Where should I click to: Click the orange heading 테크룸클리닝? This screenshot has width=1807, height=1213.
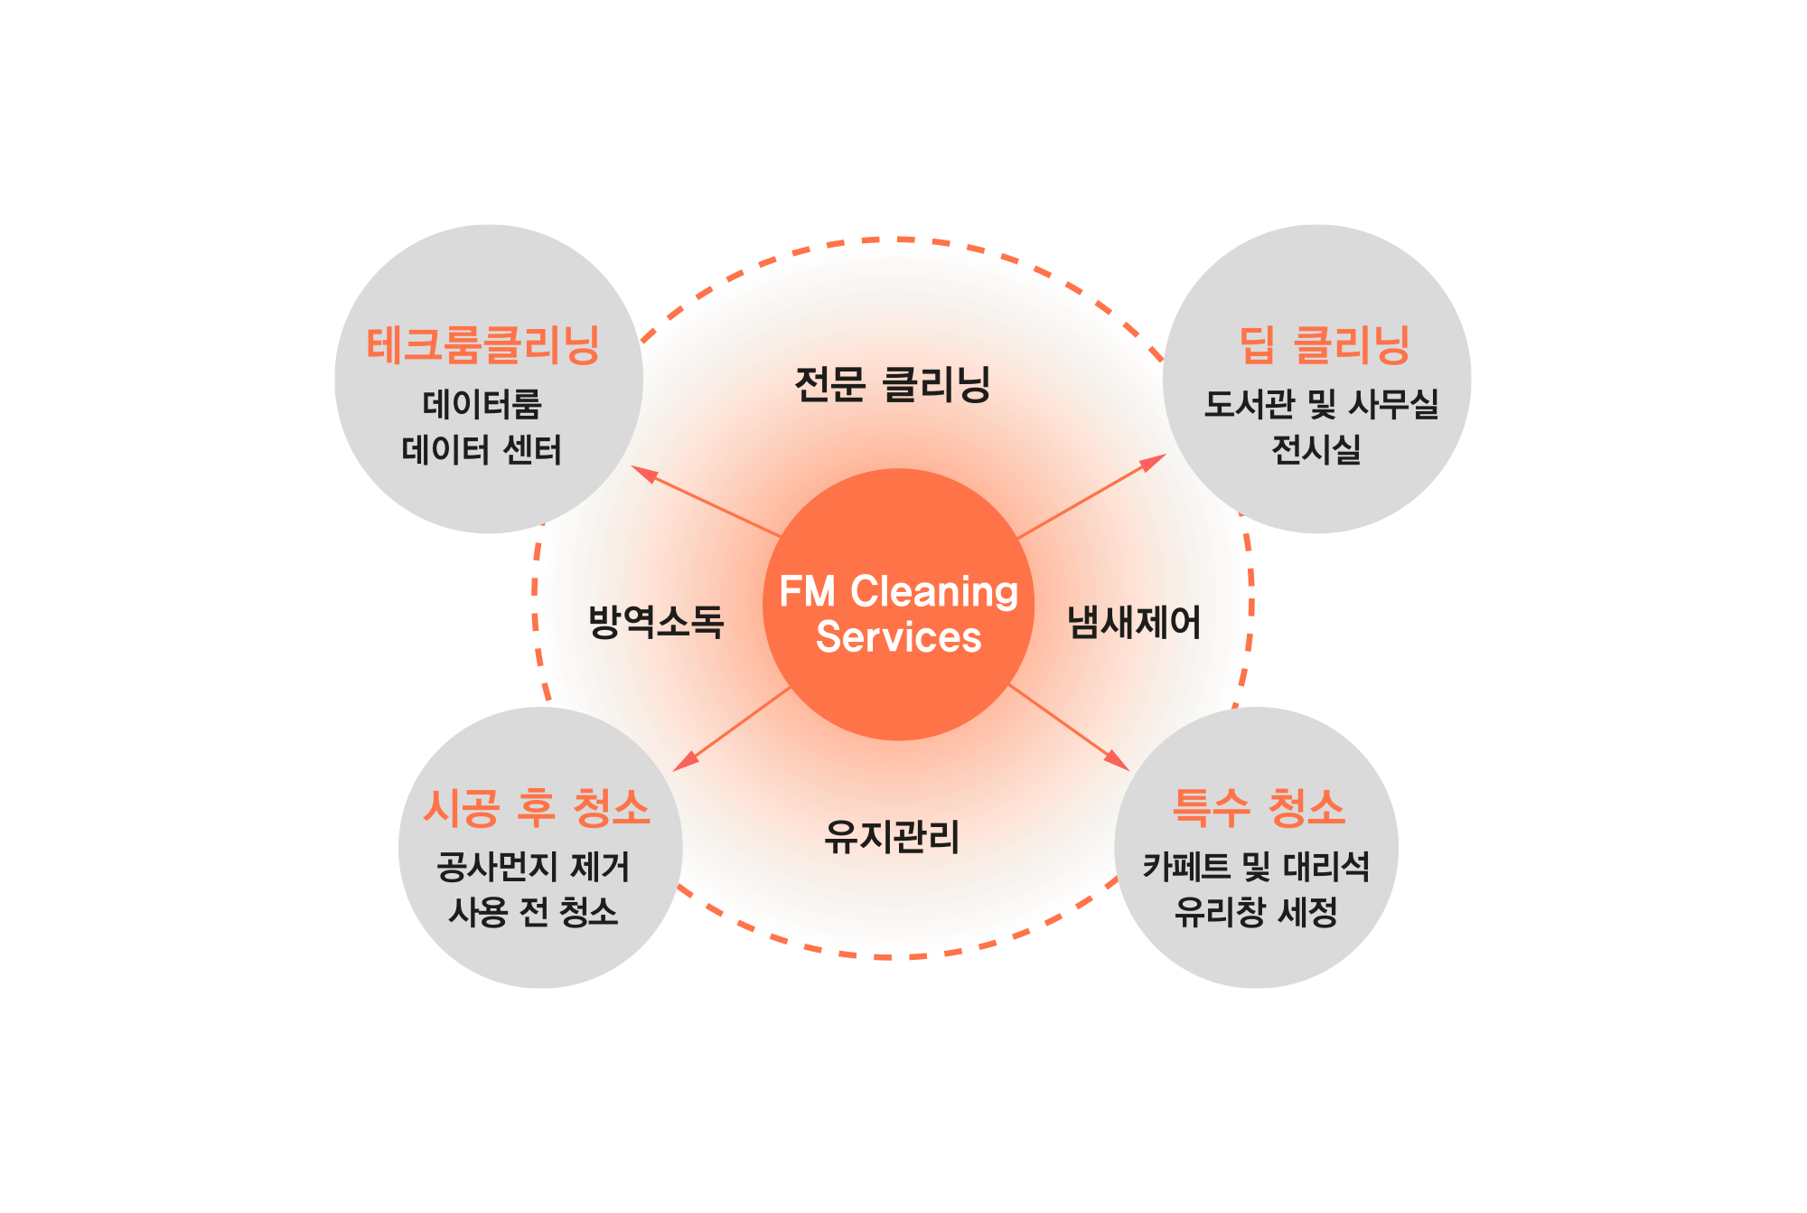coord(483,345)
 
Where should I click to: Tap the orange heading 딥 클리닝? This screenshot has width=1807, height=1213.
coord(1325,345)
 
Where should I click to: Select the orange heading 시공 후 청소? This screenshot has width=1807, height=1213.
coord(538,808)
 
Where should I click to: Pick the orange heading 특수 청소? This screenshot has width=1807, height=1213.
coord(1259,808)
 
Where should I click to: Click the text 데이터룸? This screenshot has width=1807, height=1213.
coord(482,404)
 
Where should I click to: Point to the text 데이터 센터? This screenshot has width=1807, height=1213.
coord(482,449)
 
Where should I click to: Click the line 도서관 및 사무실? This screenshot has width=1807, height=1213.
coord(1321,404)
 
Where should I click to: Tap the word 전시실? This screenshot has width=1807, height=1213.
coord(1316,449)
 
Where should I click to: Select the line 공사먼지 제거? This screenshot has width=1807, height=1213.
coord(533,867)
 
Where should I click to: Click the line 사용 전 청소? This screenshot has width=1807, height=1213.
coord(533,912)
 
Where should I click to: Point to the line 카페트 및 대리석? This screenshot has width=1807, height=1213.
coord(1256,867)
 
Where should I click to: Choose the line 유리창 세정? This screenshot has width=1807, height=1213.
coord(1256,912)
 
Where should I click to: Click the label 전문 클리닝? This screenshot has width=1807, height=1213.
coord(893,384)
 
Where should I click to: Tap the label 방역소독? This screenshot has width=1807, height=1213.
coord(657,622)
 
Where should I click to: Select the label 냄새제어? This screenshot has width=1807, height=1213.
coord(1135,622)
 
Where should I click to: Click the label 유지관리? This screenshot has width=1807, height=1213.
coord(892,836)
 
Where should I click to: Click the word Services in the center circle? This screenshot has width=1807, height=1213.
coord(898,637)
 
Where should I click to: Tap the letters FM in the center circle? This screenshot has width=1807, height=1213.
coord(807,592)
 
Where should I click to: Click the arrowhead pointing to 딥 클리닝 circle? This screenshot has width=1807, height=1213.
coord(1154,462)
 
